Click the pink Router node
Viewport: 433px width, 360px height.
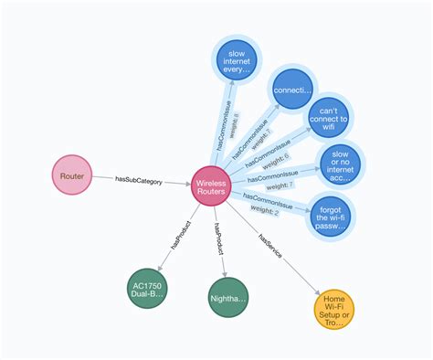71,175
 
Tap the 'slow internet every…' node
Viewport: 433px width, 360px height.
238,62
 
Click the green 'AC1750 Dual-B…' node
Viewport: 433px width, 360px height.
150,290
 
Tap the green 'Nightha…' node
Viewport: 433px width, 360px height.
228,298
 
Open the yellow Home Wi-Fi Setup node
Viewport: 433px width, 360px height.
333,308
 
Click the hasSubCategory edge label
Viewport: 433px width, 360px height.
139,182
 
